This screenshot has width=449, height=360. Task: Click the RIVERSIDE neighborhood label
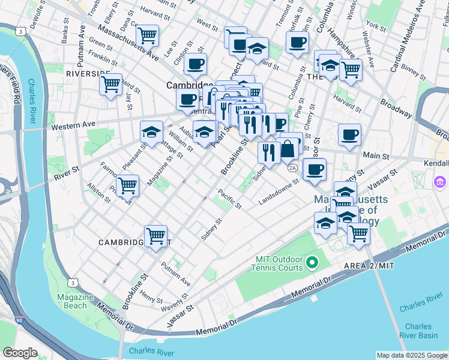click(88, 73)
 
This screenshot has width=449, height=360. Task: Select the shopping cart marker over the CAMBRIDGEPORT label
click(155, 235)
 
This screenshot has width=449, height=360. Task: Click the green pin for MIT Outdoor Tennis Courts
click(312, 262)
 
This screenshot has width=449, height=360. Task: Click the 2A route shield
click(292, 168)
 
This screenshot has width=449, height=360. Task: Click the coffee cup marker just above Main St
click(349, 134)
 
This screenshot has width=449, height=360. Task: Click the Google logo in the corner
click(20, 353)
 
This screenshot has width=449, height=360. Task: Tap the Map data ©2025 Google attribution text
click(411, 355)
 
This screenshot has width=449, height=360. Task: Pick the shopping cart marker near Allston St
click(127, 185)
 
